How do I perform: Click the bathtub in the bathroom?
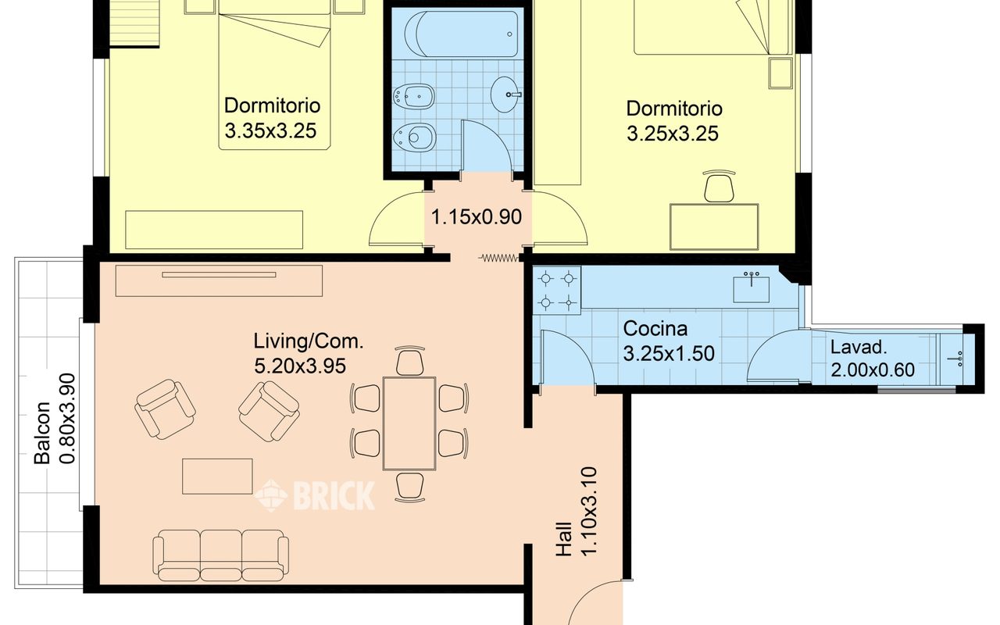462,34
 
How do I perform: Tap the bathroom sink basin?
505,95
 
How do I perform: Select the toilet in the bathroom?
414,137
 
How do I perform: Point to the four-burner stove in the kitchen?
557,291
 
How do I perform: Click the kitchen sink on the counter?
752,288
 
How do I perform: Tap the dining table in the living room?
409,423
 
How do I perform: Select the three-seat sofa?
220,555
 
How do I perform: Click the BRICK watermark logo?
315,495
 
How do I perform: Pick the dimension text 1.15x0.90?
477,217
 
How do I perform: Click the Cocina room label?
655,329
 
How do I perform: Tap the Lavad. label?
859,348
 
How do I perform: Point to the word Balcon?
43,433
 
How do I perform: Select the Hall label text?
564,539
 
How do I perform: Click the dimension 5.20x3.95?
300,366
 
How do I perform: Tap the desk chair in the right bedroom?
719,186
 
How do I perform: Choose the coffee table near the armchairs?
217,477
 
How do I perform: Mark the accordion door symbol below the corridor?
498,258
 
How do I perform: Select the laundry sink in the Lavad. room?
957,359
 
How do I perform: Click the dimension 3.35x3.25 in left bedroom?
270,131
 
